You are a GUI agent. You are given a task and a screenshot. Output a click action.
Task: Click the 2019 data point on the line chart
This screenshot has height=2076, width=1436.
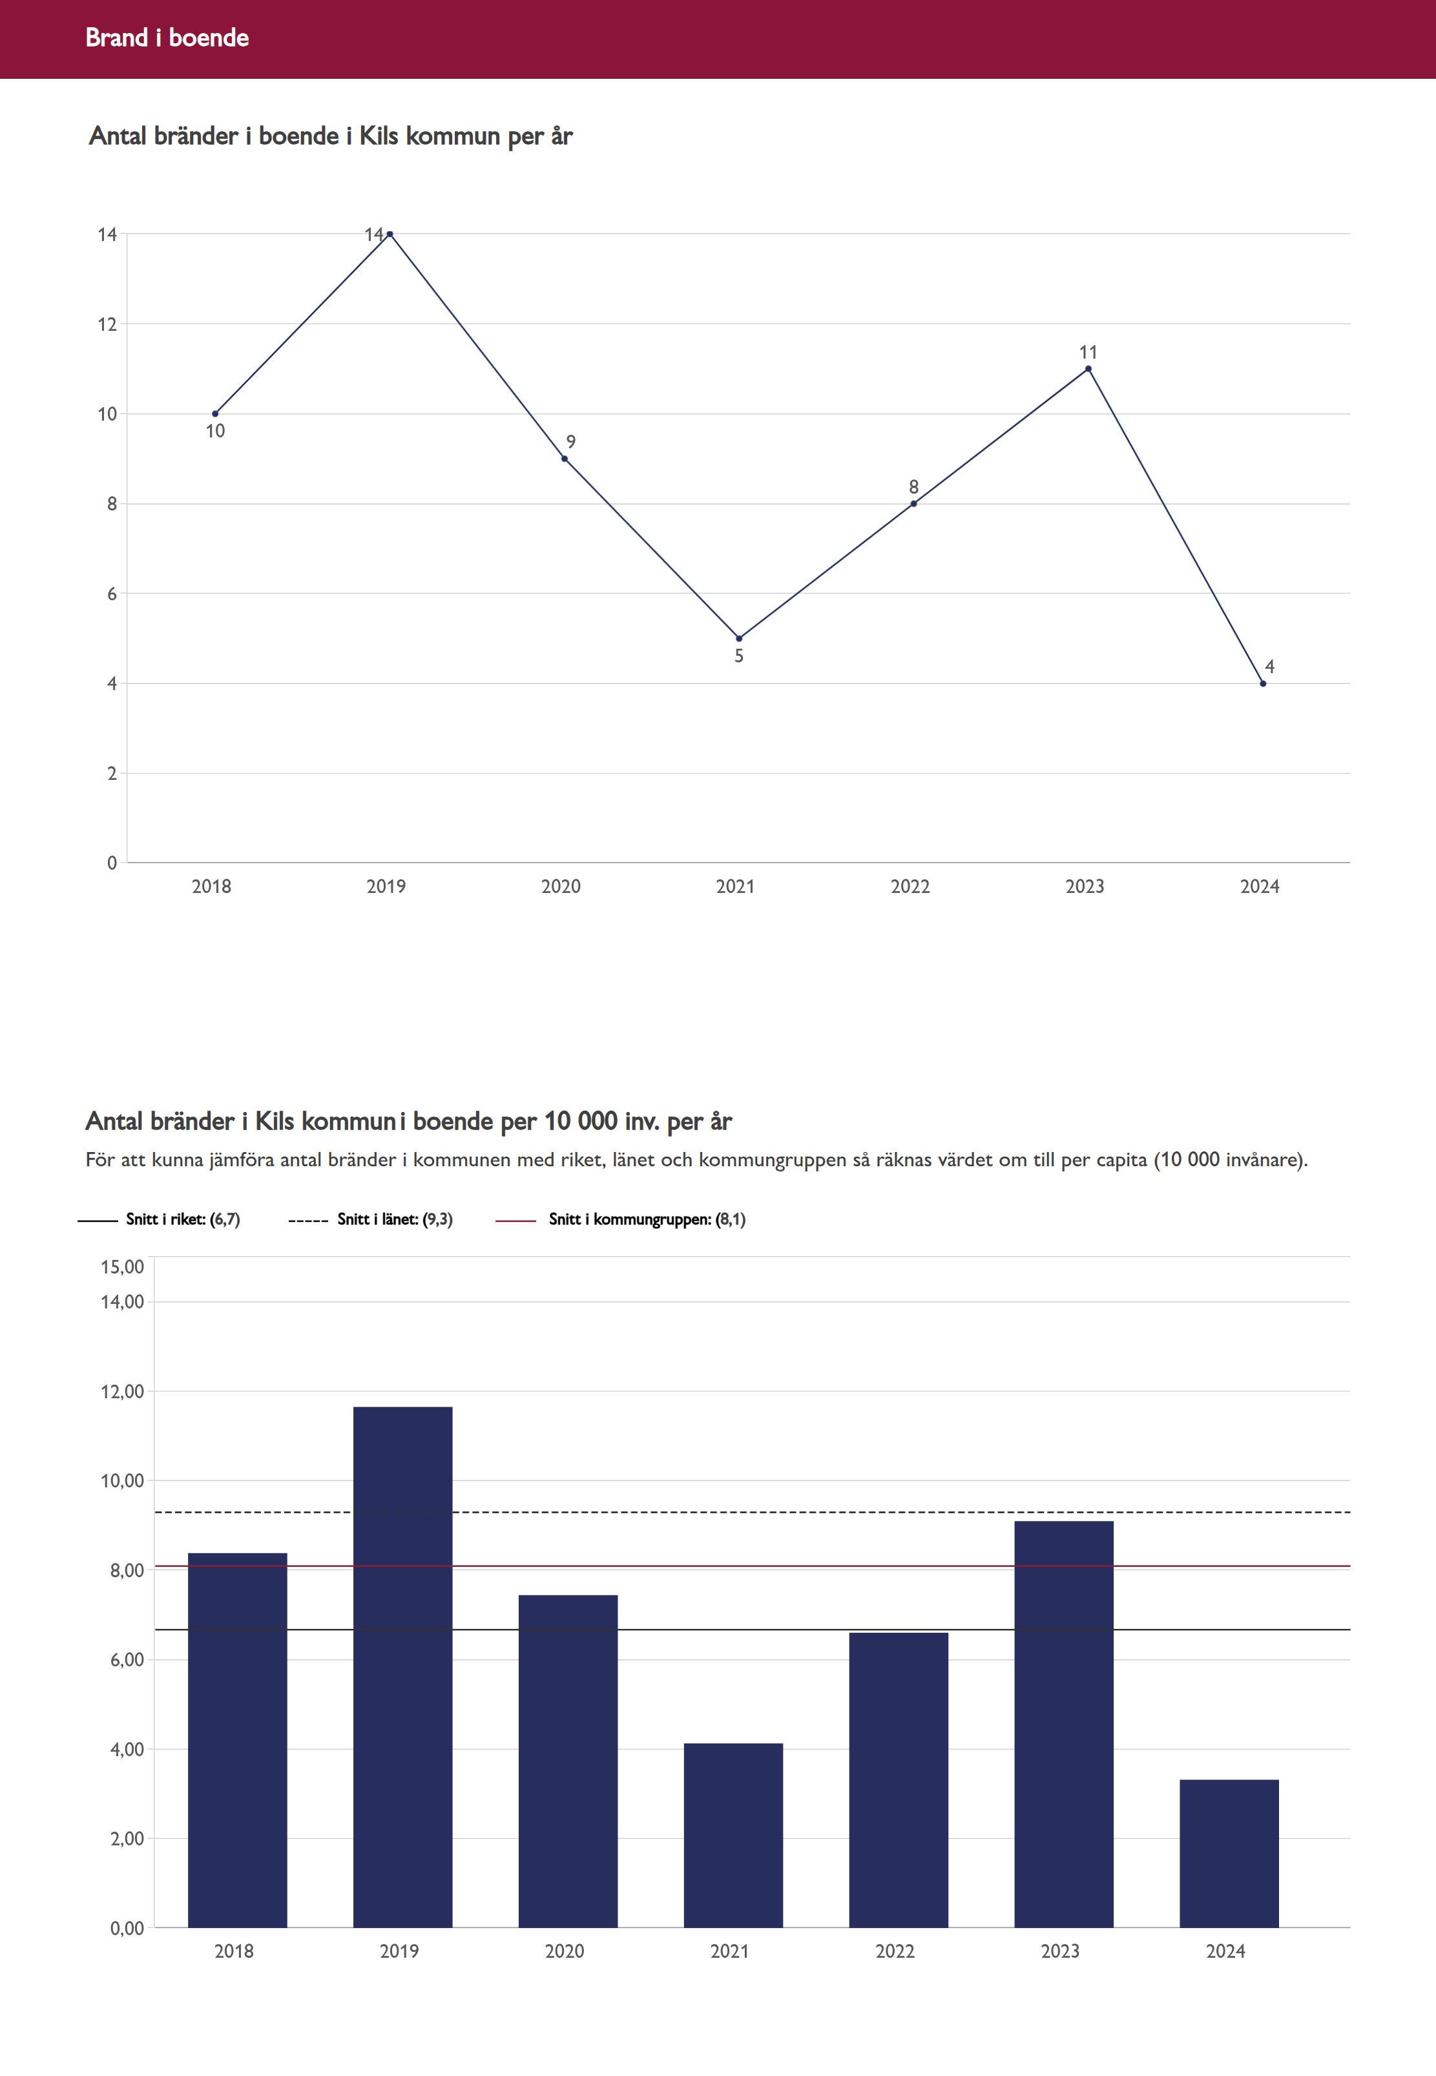pos(390,234)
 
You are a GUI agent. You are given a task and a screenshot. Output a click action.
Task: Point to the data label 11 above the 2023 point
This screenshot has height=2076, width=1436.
pos(1088,353)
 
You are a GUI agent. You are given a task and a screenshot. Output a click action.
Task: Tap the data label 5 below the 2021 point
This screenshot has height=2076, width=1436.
pos(739,656)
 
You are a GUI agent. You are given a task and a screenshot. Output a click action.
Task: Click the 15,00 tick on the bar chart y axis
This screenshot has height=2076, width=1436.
pos(122,1267)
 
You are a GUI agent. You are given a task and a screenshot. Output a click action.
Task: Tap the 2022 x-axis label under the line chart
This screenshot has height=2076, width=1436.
pos(910,886)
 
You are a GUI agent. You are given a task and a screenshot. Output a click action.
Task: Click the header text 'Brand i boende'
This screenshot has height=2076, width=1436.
pos(167,37)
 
